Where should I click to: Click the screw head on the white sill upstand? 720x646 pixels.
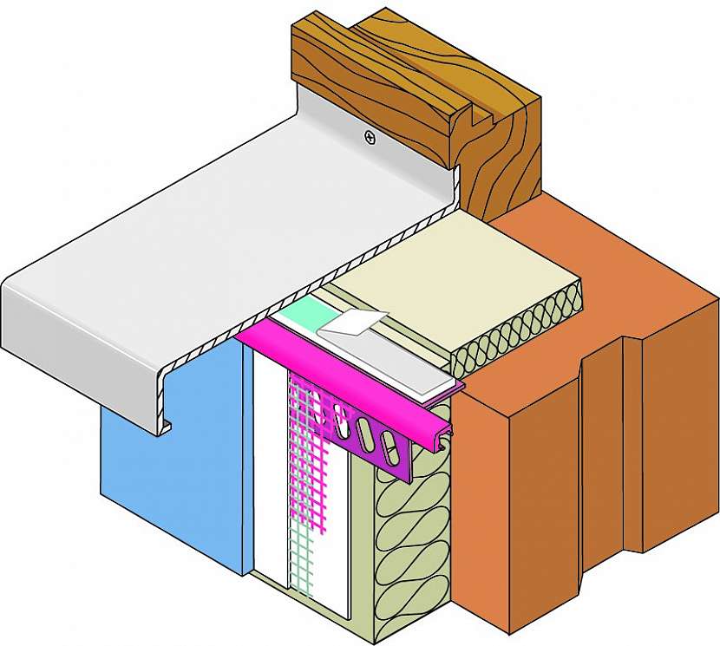tap(370, 136)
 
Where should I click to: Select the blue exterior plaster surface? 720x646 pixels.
tap(173, 486)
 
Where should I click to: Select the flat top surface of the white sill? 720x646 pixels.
tap(217, 243)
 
